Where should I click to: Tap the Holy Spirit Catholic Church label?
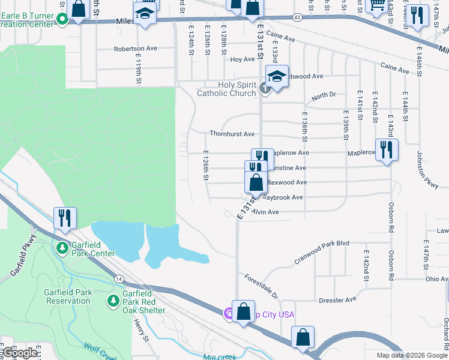click(x=227, y=89)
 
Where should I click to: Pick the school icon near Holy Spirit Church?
click(x=277, y=77)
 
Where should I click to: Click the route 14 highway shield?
click(x=119, y=279)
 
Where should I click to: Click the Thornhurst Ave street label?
click(x=232, y=134)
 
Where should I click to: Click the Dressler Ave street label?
click(x=337, y=299)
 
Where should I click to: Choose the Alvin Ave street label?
click(x=265, y=212)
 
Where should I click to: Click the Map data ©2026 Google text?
click(x=411, y=355)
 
